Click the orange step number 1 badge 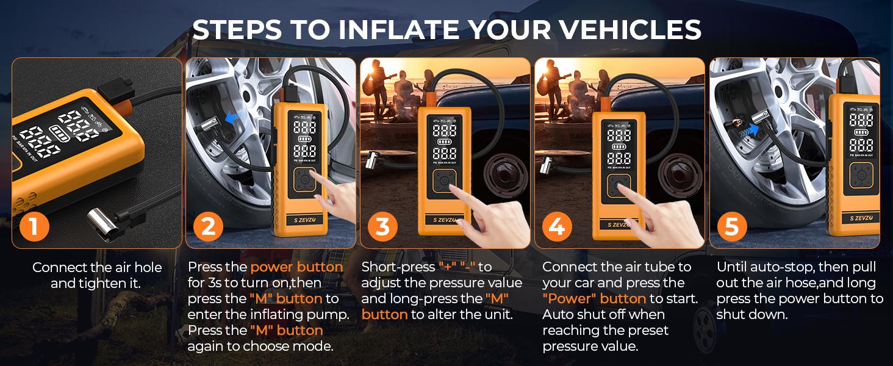34,226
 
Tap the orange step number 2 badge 209,226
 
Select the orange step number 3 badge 382,226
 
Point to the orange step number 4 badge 557,226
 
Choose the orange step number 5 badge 732,226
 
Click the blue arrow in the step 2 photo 235,118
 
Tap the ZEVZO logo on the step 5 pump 861,218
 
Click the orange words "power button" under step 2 296,267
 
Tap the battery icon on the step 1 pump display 60,134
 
